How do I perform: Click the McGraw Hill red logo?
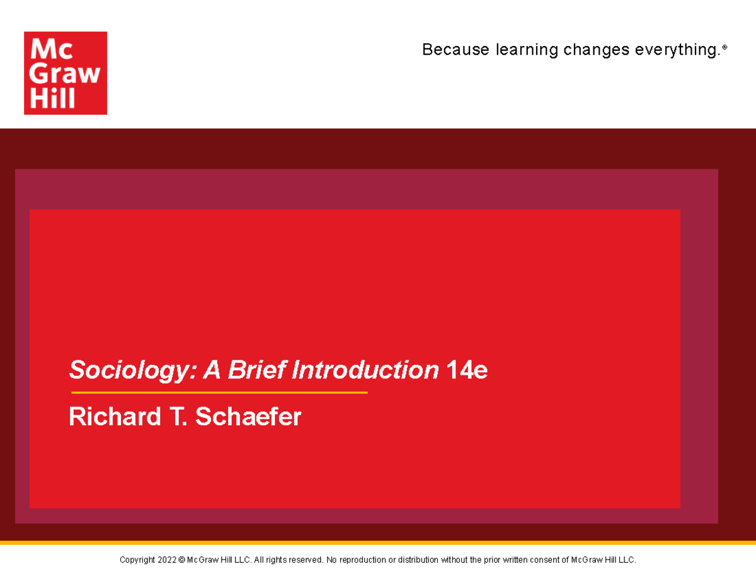[x=66, y=73]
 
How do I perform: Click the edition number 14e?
[x=466, y=370]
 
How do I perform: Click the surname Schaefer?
[x=248, y=416]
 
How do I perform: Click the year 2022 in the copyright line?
[x=167, y=560]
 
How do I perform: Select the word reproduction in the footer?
[x=362, y=560]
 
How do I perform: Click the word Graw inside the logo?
[x=66, y=74]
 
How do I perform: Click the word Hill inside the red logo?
[x=53, y=98]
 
